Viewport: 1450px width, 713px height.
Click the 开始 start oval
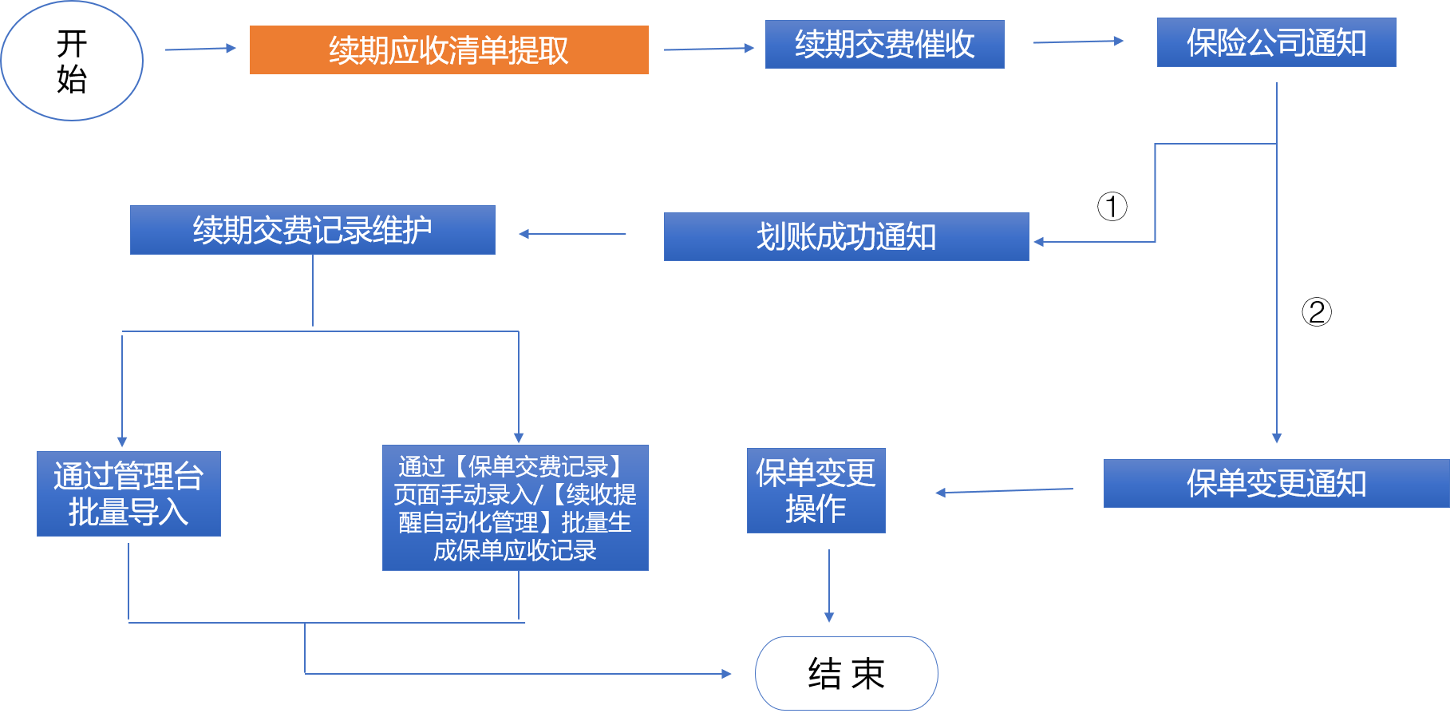(72, 61)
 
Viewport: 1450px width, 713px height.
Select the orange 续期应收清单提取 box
(448, 50)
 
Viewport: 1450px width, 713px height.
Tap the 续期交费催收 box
(884, 44)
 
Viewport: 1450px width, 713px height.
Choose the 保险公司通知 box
(1276, 42)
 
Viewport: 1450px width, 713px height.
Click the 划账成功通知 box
(846, 236)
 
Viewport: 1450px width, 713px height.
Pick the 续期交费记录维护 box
(312, 230)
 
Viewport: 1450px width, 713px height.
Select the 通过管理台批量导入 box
(128, 493)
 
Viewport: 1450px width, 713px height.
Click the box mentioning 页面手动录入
(515, 508)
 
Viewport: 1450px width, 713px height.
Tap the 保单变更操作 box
(816, 490)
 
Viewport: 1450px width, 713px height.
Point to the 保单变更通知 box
(1276, 483)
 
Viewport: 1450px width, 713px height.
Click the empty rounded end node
(846, 673)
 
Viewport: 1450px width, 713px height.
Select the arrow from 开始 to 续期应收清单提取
(200, 49)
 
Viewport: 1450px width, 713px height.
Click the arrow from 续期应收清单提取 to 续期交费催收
(709, 49)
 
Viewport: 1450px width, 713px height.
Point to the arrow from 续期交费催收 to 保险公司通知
(1078, 42)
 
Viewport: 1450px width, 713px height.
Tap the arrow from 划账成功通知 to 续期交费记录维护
(572, 234)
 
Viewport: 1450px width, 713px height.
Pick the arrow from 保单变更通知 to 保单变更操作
(1004, 491)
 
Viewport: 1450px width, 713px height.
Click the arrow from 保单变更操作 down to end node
(829, 586)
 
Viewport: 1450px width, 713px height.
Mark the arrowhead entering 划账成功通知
(1039, 241)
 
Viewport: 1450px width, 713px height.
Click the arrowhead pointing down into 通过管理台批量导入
(122, 442)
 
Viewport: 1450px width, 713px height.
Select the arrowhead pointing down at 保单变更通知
(1277, 438)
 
